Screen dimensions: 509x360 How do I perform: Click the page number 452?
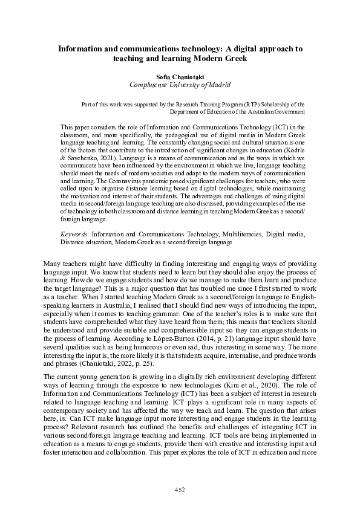[180, 489]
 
